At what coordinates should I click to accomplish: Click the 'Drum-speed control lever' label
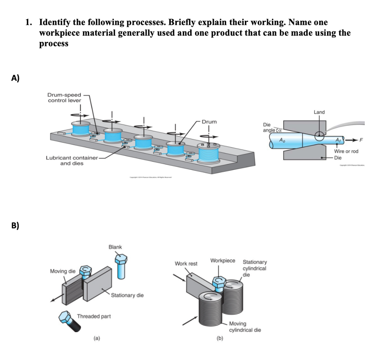click(64, 98)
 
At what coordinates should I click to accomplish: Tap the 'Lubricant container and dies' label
click(71, 160)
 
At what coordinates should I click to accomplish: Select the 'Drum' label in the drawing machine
click(209, 122)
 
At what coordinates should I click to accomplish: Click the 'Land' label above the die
click(319, 112)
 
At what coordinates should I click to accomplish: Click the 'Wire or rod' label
click(346, 152)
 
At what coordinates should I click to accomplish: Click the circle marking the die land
click(319, 136)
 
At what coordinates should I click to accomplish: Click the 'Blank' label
click(115, 247)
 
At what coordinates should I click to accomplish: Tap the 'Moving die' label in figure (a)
click(62, 271)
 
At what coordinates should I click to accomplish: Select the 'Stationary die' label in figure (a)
click(128, 295)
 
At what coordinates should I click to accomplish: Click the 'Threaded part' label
click(94, 316)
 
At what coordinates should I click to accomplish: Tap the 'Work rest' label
click(186, 264)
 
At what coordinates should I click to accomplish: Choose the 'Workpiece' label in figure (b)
click(222, 261)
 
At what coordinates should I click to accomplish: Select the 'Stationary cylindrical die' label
click(254, 268)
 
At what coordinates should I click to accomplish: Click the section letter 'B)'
click(15, 226)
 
